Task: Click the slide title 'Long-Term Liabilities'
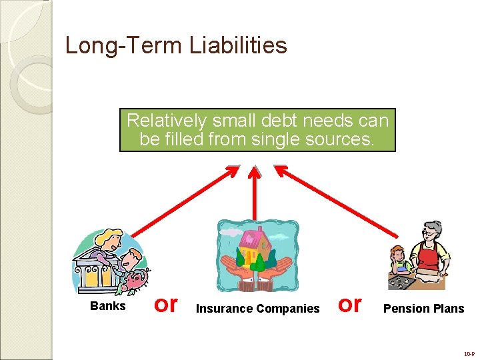click(x=176, y=45)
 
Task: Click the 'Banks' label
click(x=107, y=306)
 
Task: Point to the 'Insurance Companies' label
click(x=257, y=308)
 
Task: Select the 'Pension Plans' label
click(x=423, y=308)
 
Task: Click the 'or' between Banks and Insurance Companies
click(x=165, y=304)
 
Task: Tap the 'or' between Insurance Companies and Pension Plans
click(x=350, y=304)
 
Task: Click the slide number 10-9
click(x=469, y=353)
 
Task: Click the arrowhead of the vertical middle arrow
click(x=254, y=171)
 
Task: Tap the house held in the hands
click(x=254, y=247)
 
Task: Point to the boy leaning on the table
click(x=399, y=261)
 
